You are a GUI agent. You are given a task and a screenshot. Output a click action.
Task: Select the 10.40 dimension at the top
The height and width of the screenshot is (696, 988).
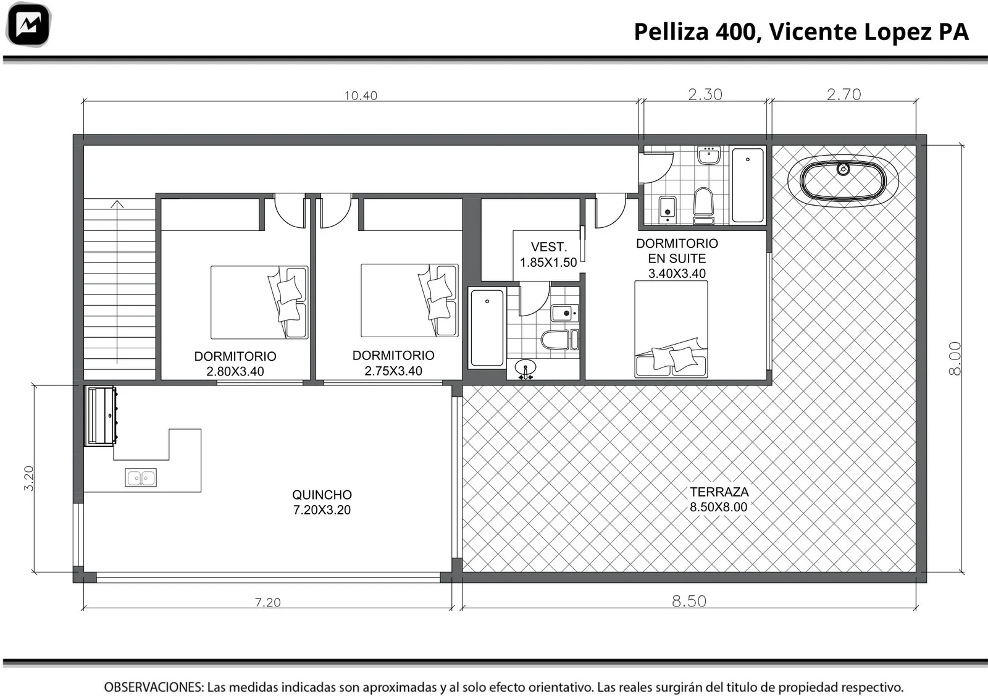[x=361, y=96]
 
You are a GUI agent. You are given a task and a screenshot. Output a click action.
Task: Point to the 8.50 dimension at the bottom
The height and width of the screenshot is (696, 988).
[x=689, y=601]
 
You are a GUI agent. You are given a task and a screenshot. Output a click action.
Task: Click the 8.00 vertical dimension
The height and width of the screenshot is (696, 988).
[x=954, y=358]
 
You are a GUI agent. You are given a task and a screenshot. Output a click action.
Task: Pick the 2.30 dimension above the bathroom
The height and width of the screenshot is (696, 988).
[x=705, y=94]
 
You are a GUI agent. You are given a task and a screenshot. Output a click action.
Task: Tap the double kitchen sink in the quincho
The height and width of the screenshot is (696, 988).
[x=141, y=477]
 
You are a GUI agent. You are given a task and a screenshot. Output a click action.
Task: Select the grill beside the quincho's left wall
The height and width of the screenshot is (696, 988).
[x=101, y=416]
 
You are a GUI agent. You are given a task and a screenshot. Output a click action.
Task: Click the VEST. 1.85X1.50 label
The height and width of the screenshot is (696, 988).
[x=548, y=254]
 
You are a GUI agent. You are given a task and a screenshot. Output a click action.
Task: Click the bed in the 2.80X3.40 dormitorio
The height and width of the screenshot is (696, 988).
[x=259, y=302]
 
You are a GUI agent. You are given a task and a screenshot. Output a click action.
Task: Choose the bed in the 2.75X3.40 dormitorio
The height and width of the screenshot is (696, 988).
[x=410, y=300]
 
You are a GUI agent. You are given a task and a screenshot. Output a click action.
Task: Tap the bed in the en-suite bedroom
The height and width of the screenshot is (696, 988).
[x=671, y=329]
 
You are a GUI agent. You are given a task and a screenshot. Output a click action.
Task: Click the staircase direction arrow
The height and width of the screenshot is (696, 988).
[x=117, y=282]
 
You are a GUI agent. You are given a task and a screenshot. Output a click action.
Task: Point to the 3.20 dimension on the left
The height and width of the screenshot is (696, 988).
[x=28, y=479]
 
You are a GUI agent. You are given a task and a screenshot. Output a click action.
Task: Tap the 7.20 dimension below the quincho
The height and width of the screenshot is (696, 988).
[x=268, y=602]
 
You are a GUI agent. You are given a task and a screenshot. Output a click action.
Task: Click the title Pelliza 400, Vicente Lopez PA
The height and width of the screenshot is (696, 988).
[x=801, y=31]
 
